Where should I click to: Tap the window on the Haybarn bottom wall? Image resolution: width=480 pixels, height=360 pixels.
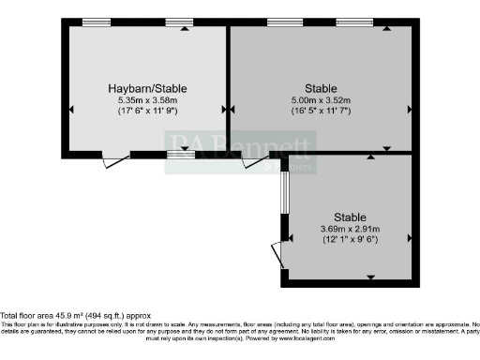pos(181,154)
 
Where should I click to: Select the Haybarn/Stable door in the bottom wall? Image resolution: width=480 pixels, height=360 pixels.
pos(113,160)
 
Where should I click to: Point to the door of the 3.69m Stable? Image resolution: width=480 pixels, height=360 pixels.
pos(277,254)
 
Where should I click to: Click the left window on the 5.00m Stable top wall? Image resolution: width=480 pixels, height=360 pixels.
pos(278,22)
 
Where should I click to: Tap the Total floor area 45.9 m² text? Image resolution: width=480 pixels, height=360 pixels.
pos(75,317)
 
